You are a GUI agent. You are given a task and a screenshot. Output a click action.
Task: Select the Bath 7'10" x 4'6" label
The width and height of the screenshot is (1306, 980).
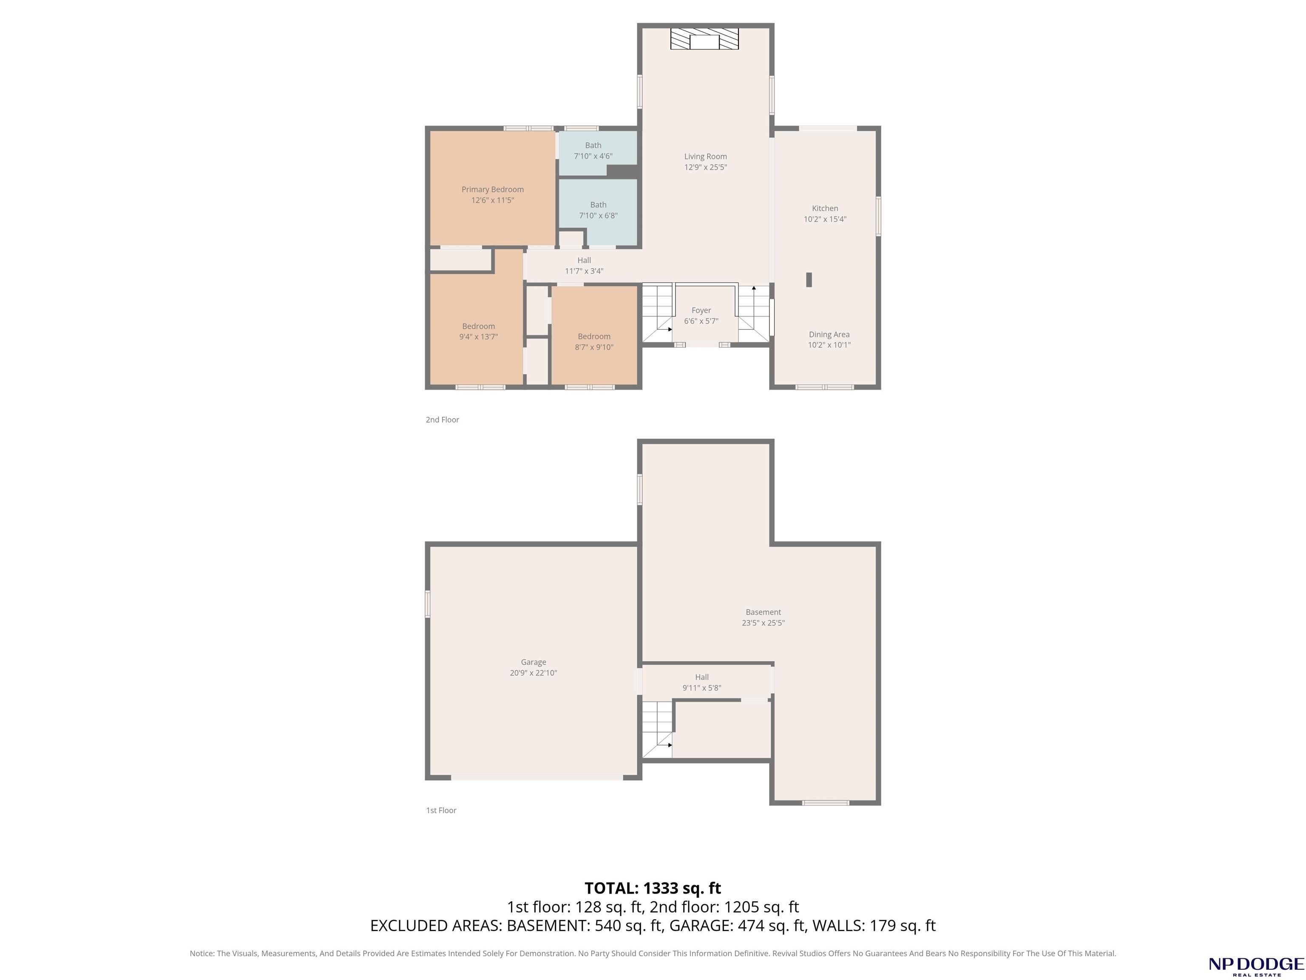593,151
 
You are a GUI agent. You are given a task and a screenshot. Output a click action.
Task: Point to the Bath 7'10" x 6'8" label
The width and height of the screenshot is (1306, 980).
598,210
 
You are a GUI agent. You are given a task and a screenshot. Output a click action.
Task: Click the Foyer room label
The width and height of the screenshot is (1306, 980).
701,310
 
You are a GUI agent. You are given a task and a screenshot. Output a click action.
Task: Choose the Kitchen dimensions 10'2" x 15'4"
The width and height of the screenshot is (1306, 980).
825,219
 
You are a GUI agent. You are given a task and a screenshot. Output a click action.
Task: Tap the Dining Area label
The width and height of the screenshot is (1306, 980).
829,334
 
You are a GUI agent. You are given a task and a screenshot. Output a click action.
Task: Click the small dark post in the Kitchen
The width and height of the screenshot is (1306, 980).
809,279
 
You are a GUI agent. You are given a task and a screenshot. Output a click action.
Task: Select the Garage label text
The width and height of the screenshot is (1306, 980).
533,662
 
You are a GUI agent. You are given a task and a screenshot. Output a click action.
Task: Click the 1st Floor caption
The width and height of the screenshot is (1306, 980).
441,810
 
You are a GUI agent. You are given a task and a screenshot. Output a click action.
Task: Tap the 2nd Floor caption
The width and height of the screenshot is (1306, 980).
442,419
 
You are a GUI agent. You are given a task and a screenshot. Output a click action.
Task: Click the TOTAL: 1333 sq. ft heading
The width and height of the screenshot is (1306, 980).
653,889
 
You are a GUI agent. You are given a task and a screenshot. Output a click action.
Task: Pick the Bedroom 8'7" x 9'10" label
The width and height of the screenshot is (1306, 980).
594,342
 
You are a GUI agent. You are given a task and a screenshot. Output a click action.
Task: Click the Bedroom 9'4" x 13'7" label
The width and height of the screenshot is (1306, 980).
478,331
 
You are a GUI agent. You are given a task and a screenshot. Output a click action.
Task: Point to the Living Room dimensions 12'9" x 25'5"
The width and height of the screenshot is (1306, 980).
706,167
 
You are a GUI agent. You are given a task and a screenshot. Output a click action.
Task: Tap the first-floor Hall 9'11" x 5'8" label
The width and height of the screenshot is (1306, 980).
701,682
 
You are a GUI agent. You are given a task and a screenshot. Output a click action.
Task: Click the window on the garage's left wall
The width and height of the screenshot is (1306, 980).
427,604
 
